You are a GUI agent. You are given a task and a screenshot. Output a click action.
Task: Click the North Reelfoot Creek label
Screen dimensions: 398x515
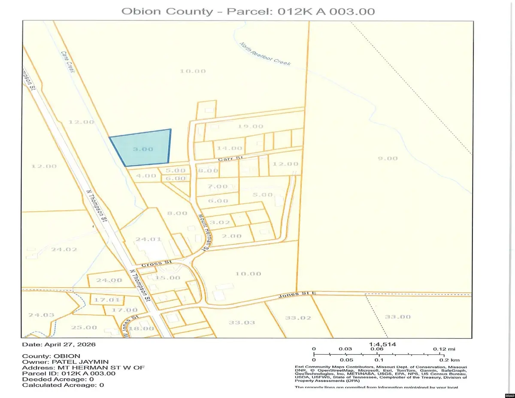(x=265, y=54)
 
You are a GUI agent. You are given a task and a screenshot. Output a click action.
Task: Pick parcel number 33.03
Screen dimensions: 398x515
(x=242, y=322)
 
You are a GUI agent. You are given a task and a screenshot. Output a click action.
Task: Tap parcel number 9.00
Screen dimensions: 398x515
(x=388, y=158)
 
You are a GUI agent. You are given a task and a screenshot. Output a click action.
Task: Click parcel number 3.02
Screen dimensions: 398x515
(x=222, y=222)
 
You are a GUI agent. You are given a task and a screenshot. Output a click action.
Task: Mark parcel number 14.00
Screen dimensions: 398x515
(x=227, y=148)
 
